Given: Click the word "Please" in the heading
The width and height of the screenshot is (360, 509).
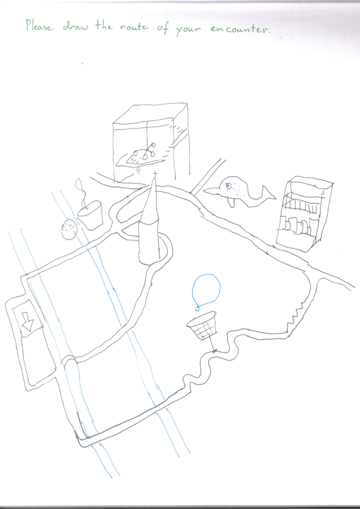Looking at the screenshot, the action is [x=39, y=25].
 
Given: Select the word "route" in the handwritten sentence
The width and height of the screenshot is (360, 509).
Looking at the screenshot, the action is [x=133, y=27].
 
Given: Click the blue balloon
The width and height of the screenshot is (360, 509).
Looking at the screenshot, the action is [x=206, y=289].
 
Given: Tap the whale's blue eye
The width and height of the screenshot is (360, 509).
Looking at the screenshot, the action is [x=228, y=186].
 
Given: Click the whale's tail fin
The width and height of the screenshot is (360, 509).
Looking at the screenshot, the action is [x=268, y=194].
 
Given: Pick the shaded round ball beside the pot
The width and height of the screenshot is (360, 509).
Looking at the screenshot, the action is [x=69, y=229].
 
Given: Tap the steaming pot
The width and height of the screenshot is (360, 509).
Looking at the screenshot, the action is [x=90, y=216].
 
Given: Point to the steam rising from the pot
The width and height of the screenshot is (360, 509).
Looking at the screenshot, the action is [x=81, y=192].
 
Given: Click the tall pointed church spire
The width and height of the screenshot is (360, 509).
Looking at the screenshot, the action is [x=150, y=221].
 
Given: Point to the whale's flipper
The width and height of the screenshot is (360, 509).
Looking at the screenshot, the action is [x=231, y=202].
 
